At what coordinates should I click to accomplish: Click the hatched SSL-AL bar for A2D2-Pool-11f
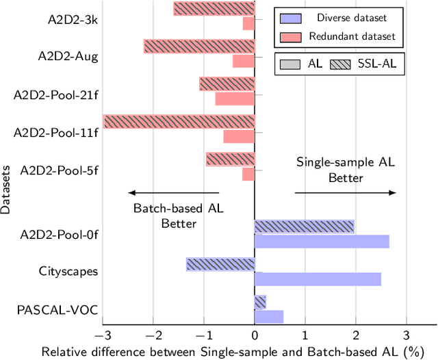[179, 121]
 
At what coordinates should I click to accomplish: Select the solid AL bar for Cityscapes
[318, 279]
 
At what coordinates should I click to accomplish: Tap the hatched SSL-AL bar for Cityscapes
[220, 264]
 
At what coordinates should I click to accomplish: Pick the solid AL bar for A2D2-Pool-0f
[322, 241]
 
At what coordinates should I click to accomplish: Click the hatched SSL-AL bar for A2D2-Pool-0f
[304, 227]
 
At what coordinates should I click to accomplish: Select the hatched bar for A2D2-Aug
[199, 46]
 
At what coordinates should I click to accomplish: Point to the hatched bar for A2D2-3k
[214, 8]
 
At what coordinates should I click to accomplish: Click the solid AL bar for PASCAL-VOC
[269, 316]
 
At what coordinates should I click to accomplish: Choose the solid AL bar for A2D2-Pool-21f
[235, 99]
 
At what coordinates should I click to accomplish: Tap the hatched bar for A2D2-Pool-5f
[230, 159]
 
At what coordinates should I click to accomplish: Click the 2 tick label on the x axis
[356, 335]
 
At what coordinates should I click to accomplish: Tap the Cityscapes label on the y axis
[68, 272]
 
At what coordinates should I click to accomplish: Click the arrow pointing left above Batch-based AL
[174, 193]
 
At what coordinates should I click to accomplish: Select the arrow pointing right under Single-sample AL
[346, 193]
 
